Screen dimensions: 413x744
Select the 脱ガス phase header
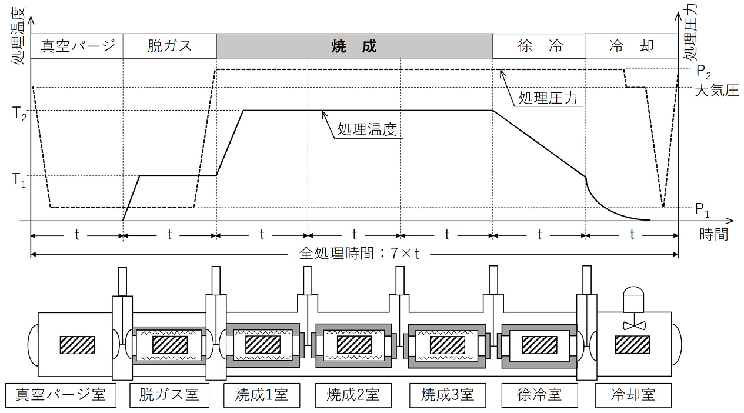click(x=169, y=46)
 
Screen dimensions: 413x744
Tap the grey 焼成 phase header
click(x=354, y=46)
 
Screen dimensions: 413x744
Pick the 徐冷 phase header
click(x=539, y=46)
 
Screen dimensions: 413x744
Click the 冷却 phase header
click(x=632, y=46)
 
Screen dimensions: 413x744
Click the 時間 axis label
click(x=713, y=234)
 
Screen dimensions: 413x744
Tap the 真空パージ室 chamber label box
click(x=61, y=394)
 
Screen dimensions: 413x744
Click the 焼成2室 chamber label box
click(x=353, y=394)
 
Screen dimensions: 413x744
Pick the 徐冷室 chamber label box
click(x=540, y=394)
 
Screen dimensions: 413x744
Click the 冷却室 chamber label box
click(x=633, y=394)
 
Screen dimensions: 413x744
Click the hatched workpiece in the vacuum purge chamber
click(x=77, y=345)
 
